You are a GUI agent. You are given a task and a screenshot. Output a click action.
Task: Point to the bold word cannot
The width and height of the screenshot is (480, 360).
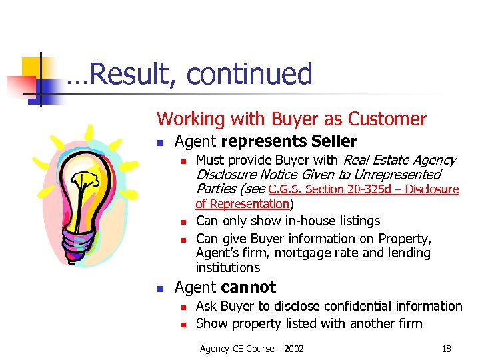(248, 287)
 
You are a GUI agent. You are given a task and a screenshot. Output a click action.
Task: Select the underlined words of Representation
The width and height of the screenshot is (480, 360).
(242, 204)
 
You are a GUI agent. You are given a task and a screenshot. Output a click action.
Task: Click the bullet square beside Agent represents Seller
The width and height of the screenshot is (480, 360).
(160, 143)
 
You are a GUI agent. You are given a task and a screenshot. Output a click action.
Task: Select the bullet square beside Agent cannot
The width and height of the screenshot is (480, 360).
(160, 289)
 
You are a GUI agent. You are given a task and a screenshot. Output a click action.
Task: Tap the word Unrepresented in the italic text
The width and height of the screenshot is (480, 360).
(397, 175)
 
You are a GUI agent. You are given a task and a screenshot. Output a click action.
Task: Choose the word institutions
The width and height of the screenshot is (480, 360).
(228, 268)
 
